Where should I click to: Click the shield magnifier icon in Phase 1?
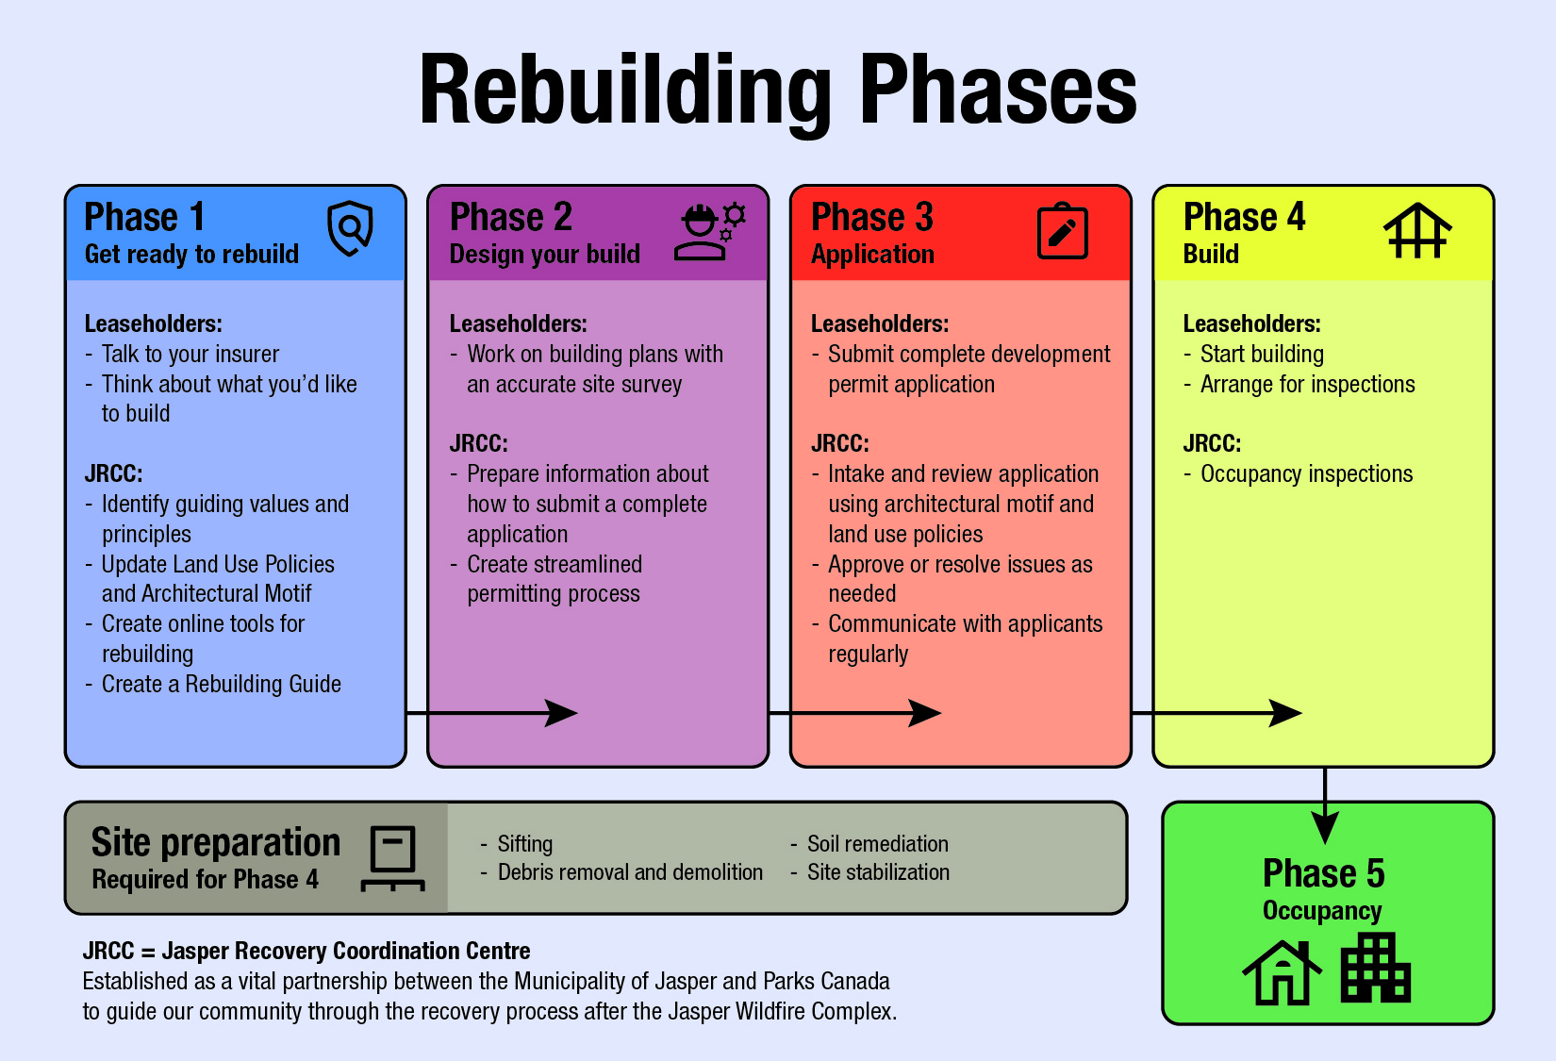pyautogui.click(x=351, y=228)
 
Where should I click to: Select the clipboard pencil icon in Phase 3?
pyautogui.click(x=1062, y=231)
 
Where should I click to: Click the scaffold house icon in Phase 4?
pyautogui.click(x=1417, y=230)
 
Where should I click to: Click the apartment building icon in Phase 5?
pyautogui.click(x=1375, y=968)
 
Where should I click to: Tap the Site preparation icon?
pyautogui.click(x=393, y=858)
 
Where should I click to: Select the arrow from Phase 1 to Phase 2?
pyautogui.click(x=492, y=713)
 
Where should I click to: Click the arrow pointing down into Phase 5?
pyautogui.click(x=1325, y=806)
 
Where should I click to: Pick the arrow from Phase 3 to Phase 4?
pyautogui.click(x=1217, y=713)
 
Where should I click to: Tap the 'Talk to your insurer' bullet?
pyautogui.click(x=182, y=355)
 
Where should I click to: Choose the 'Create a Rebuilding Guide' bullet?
pyautogui.click(x=213, y=685)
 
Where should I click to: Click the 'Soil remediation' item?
pyautogui.click(x=869, y=843)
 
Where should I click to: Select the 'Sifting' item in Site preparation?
pyautogui.click(x=517, y=843)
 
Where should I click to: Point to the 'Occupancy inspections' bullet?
pyautogui.click(x=1299, y=473)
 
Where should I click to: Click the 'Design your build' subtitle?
pyautogui.click(x=545, y=255)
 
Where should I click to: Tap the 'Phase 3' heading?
pyautogui.click(x=871, y=217)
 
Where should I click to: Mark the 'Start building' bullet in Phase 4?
pyautogui.click(x=1254, y=355)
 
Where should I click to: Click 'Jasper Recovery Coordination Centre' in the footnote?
pyautogui.click(x=346, y=951)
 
